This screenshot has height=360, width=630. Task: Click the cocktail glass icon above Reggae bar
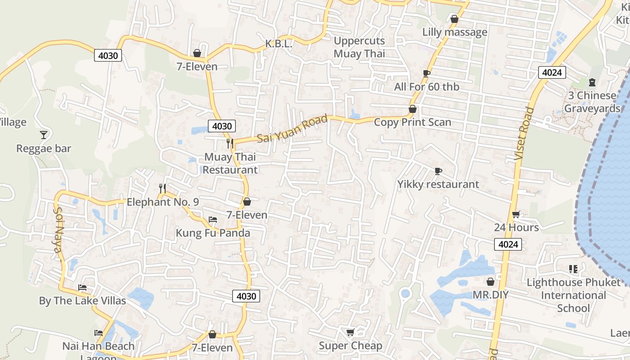[x=44, y=135]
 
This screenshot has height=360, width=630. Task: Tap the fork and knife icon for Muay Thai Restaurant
[x=230, y=143]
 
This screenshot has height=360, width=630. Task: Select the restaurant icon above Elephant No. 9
[x=162, y=188]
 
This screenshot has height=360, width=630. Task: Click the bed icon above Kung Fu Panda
[x=213, y=219]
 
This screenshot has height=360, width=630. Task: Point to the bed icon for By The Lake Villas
[x=82, y=287]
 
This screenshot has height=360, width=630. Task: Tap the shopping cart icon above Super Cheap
[x=350, y=332]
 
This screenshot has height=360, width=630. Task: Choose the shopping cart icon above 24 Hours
[x=516, y=214]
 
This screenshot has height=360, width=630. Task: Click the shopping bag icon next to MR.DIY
[x=490, y=282]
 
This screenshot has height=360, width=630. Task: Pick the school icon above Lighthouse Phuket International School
[x=573, y=269]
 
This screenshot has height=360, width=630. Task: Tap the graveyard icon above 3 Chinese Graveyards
[x=592, y=82]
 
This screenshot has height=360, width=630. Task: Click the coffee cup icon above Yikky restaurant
[x=438, y=171]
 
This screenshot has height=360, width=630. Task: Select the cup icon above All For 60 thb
[x=427, y=73]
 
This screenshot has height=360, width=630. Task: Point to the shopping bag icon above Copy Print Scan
[x=412, y=109]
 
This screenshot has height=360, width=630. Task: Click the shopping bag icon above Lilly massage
[x=454, y=19]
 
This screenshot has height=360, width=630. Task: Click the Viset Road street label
[x=524, y=134]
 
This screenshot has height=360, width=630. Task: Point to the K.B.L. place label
[x=279, y=44]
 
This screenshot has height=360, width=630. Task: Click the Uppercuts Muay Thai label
[x=359, y=47]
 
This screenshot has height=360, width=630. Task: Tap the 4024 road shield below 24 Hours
[x=508, y=244]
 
